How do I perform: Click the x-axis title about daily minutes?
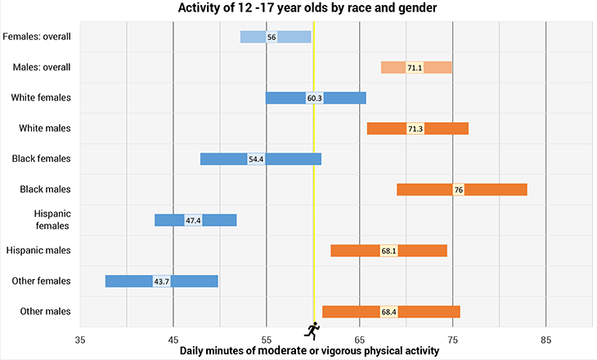coord(310,350)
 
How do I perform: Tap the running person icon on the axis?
coord(312,330)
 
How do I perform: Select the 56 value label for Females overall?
coord(272,37)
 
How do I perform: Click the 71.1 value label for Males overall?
coord(415,67)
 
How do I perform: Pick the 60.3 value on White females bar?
coord(315,98)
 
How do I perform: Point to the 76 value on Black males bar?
coord(459,190)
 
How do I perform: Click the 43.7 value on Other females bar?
coord(162,281)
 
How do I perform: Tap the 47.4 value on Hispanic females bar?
coord(193,220)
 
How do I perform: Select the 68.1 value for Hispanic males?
coord(389,250)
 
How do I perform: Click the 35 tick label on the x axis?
coord(80,338)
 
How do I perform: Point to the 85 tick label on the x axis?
coord(546,338)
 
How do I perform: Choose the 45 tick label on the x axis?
coord(173,338)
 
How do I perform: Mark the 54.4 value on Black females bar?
coord(256,159)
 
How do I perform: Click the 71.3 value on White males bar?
coord(415,128)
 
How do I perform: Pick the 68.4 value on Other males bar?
coord(389,312)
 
